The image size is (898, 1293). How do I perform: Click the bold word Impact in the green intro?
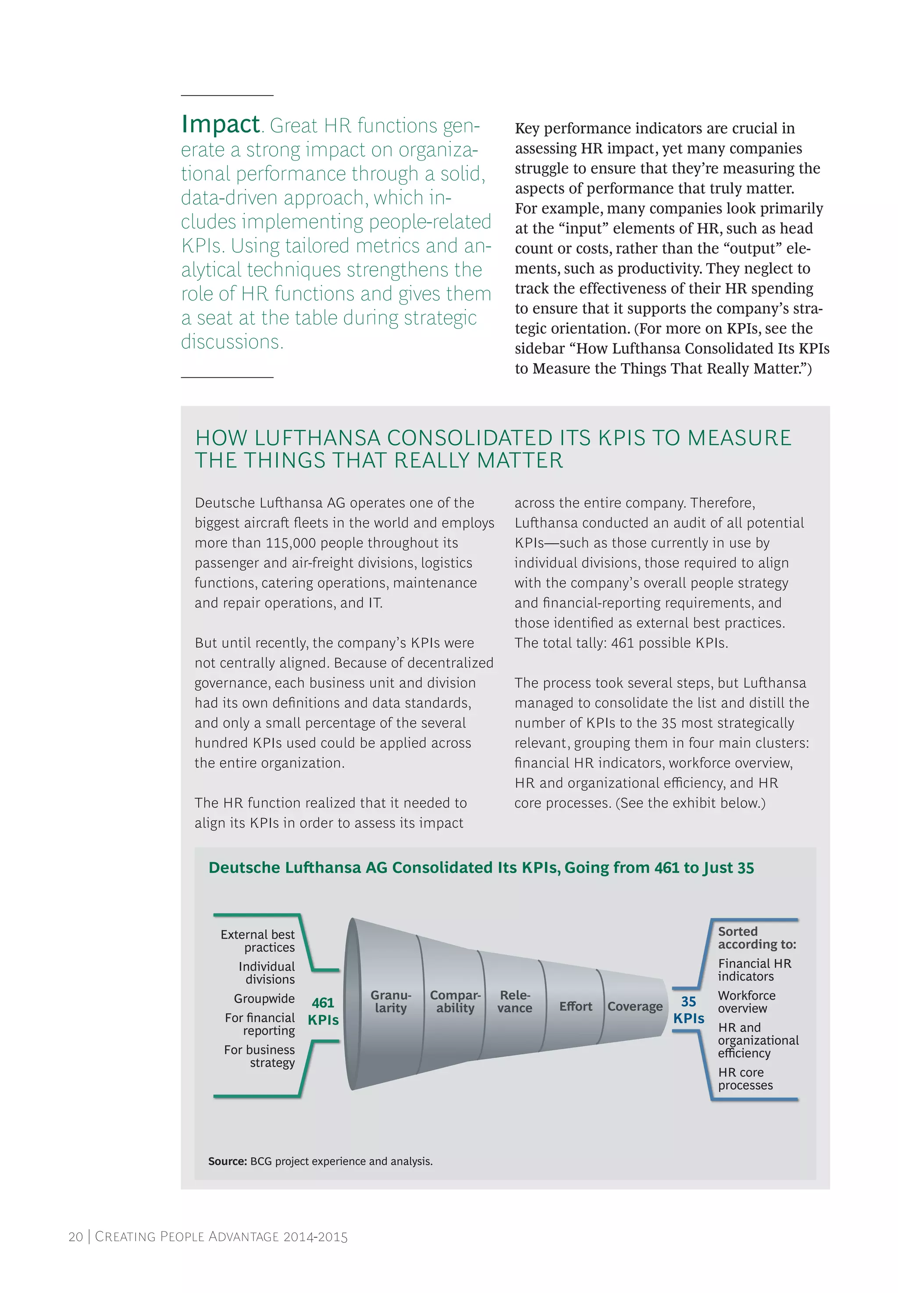[220, 125]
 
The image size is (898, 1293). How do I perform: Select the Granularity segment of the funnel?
[391, 1001]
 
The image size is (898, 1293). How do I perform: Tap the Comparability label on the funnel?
[455, 1001]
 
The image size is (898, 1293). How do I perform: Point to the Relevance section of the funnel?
[514, 1001]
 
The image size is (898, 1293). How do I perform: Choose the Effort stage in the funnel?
[575, 1006]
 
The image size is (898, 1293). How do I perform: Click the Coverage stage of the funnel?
[634, 1006]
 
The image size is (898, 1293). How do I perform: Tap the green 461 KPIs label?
[323, 1011]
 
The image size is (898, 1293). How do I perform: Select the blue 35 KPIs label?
[688, 1010]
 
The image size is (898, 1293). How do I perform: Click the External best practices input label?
[258, 941]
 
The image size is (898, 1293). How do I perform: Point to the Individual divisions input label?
[267, 973]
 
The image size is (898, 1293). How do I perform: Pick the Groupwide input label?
[264, 998]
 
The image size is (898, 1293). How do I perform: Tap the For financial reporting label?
[260, 1024]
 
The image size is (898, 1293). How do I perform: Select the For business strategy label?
[260, 1056]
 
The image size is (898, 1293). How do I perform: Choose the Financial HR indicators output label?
[754, 970]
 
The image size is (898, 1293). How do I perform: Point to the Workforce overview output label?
[746, 1001]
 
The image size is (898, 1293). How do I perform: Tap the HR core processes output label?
[745, 1079]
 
